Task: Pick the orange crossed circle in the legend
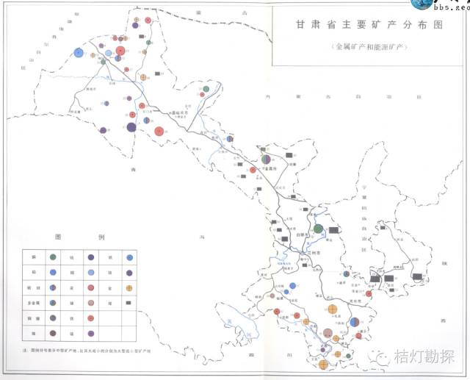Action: point(129,287)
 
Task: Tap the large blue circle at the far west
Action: point(79,53)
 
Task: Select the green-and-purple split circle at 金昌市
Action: point(264,158)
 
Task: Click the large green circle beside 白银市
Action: point(317,229)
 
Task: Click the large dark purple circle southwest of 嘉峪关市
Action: point(131,128)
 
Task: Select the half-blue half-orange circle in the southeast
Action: point(355,320)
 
